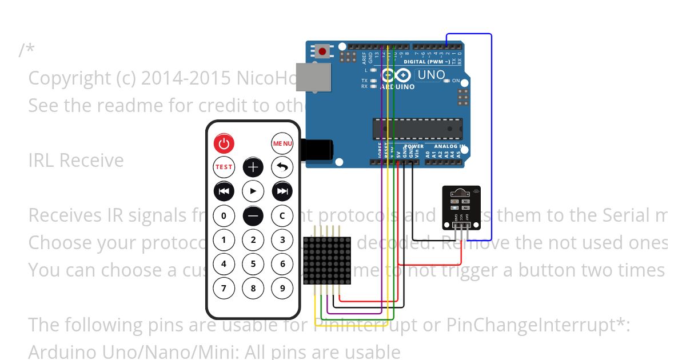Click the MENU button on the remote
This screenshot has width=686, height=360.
[x=282, y=143]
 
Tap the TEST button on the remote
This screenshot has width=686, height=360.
[x=224, y=167]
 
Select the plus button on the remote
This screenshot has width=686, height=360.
[x=253, y=167]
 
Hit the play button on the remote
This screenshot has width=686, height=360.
[x=253, y=191]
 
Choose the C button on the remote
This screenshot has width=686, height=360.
[x=282, y=215]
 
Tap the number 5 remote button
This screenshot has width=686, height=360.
[x=253, y=264]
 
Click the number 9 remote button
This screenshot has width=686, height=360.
[x=282, y=288]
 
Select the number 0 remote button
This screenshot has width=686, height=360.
[x=224, y=215]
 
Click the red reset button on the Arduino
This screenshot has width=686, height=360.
[x=322, y=52]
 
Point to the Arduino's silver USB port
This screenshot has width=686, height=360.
[x=314, y=77]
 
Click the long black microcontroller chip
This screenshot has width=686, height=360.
[x=417, y=129]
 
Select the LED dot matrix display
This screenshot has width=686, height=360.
[x=326, y=261]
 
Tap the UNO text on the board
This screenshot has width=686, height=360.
[x=431, y=74]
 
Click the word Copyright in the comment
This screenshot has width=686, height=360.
[x=69, y=78]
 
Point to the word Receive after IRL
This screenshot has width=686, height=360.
[x=92, y=161]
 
